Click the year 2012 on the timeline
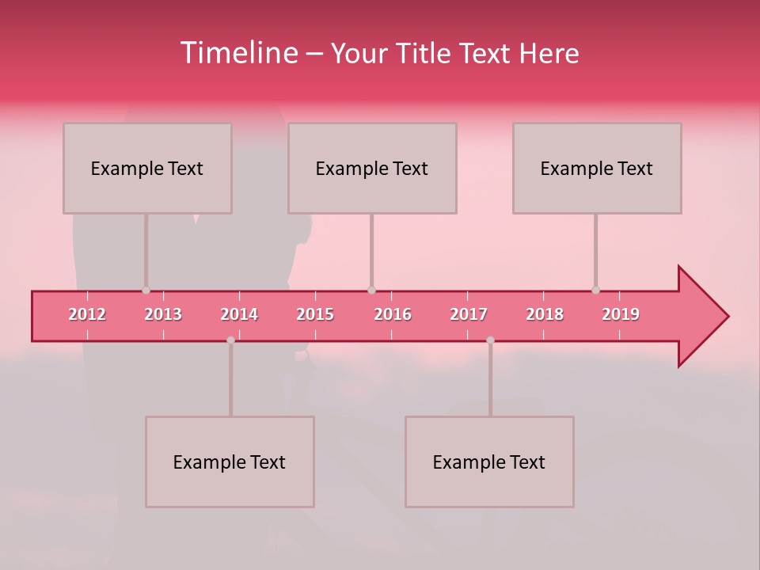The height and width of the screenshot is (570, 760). click(x=87, y=314)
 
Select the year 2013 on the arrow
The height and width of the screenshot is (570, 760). click(x=163, y=314)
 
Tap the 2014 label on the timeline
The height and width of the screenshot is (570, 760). click(x=239, y=314)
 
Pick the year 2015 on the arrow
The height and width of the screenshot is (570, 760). click(x=315, y=314)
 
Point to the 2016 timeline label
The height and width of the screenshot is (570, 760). click(x=393, y=314)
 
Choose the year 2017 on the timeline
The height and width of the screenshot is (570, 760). click(x=469, y=314)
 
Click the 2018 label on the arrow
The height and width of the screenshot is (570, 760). click(x=545, y=314)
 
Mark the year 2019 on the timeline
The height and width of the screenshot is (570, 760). click(x=621, y=314)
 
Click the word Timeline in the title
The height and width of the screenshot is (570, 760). click(x=238, y=53)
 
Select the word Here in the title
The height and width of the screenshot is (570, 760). click(x=549, y=54)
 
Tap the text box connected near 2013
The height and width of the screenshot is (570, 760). click(x=147, y=168)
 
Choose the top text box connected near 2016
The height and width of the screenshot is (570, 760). click(x=372, y=168)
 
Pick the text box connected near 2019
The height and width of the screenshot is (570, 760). click(x=597, y=168)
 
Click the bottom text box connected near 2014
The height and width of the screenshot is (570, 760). click(x=230, y=462)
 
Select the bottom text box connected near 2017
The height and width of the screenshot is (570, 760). click(x=489, y=462)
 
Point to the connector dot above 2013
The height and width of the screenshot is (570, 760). click(x=146, y=291)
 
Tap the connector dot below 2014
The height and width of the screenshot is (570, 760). click(x=230, y=340)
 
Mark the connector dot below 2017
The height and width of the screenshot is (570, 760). click(x=490, y=340)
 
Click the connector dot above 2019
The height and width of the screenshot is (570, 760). click(x=595, y=291)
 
